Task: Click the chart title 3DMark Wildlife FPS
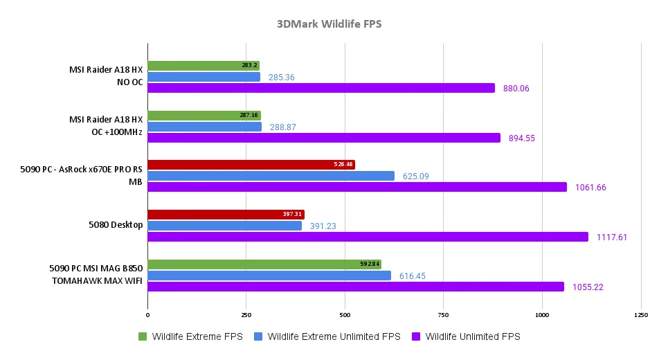(329, 24)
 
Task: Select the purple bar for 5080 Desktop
(367, 237)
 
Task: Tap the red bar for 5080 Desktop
(225, 215)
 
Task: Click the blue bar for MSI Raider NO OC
(204, 77)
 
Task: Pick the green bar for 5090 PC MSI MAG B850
(264, 264)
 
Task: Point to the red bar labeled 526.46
(251, 165)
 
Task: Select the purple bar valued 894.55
(323, 138)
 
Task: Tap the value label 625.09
(414, 177)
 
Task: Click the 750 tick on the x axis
(443, 315)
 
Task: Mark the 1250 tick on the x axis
(640, 315)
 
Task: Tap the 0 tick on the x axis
(147, 315)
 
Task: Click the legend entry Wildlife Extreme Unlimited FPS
(334, 336)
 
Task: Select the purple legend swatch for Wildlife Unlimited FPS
(416, 336)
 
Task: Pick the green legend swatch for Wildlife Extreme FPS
(143, 336)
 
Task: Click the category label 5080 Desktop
(116, 226)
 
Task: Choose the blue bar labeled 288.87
(204, 127)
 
